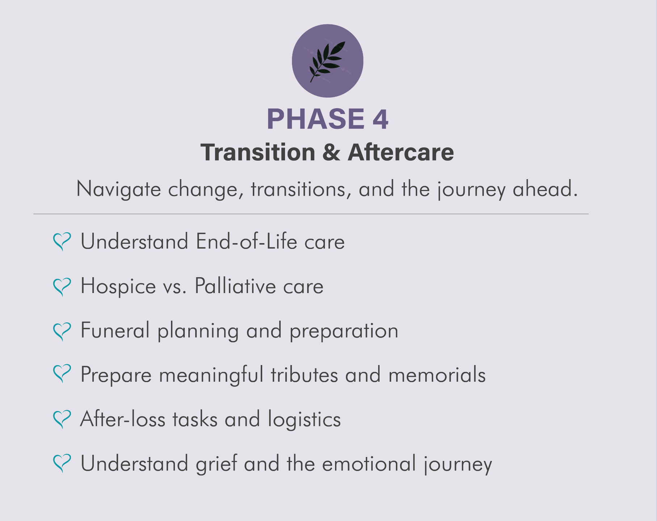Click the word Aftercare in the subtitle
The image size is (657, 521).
[401, 152]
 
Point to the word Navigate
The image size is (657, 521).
[118, 190]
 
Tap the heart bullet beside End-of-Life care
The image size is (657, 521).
[62, 241]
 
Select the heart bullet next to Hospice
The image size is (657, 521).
[62, 287]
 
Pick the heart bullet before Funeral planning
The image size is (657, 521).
[62, 331]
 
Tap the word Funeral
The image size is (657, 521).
[115, 330]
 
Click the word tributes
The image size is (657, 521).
[304, 374]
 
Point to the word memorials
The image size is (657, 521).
[437, 374]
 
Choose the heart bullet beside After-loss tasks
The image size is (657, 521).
[62, 419]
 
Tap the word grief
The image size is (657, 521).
[216, 464]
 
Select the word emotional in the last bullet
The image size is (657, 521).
[369, 463]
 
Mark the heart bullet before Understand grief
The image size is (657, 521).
[62, 463]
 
